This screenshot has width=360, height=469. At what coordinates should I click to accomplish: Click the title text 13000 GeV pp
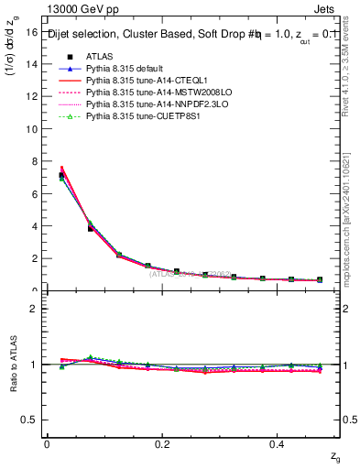point(79,7)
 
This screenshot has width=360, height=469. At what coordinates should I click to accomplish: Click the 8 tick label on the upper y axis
point(33,161)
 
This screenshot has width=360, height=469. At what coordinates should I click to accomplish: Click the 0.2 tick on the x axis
point(162,443)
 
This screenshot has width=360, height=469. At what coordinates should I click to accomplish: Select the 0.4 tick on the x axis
point(278,443)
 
